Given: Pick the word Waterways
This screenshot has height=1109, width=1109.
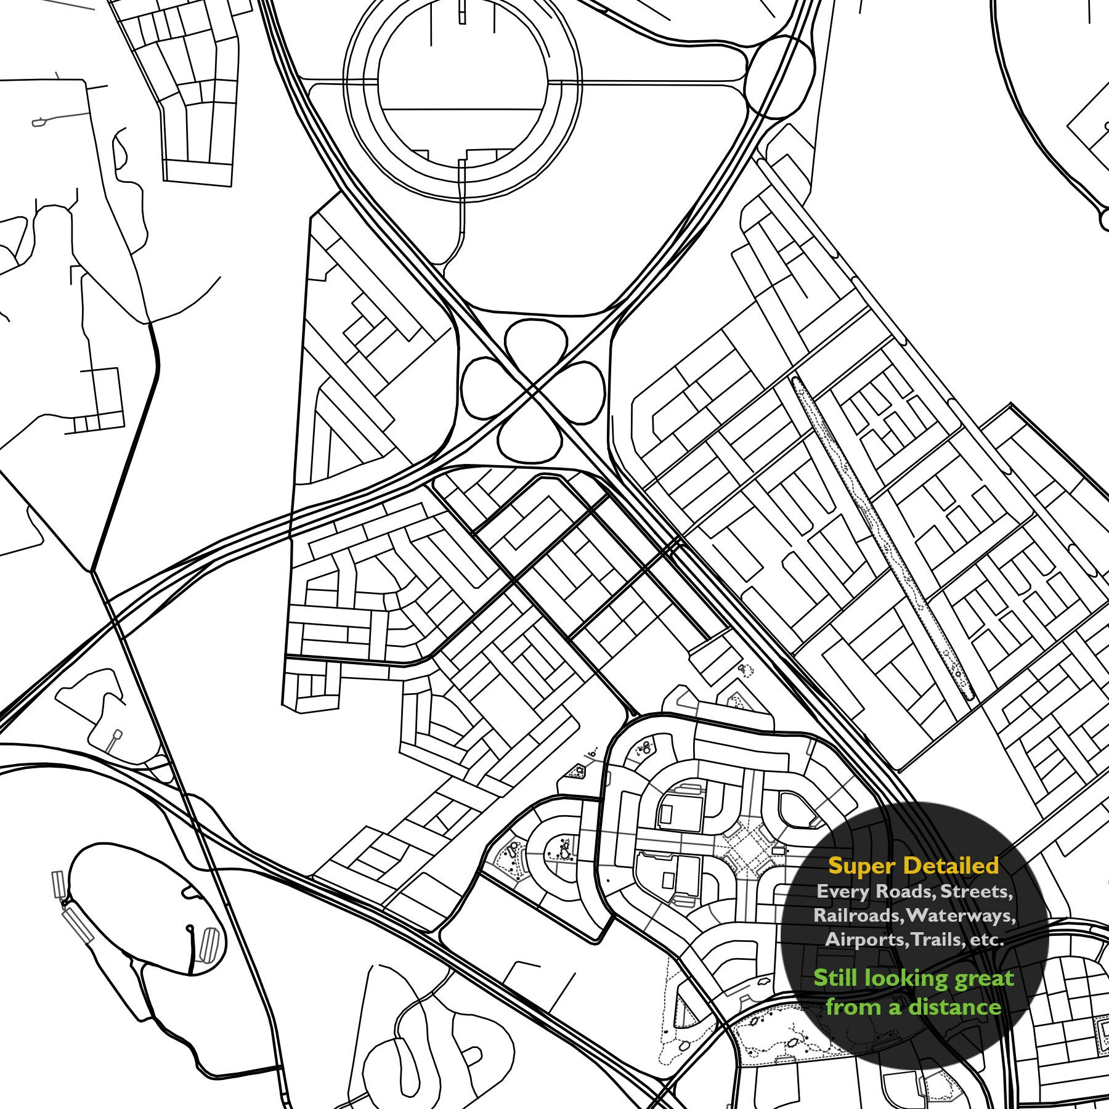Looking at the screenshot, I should [x=961, y=916].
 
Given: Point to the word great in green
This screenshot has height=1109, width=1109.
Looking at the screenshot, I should [x=983, y=979].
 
